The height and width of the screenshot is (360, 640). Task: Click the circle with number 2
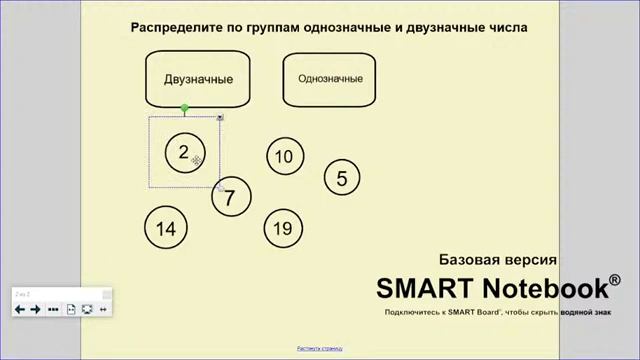coord(183,153)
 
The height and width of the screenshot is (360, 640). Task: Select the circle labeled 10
coord(284,156)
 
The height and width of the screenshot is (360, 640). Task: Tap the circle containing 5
coord(342,179)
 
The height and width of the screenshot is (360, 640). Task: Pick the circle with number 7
coord(230,197)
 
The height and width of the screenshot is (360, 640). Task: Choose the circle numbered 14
coord(165,228)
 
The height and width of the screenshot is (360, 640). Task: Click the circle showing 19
coord(282,228)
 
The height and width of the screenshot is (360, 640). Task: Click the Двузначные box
coord(198,79)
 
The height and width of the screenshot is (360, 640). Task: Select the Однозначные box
coord(330,78)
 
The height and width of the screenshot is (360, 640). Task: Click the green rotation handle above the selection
coord(185,108)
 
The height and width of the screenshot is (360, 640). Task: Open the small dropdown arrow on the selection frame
coord(220,118)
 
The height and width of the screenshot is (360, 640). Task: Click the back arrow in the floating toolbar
coord(19,310)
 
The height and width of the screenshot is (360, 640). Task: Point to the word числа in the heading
coord(504,27)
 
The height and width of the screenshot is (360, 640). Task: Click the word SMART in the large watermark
coord(426,288)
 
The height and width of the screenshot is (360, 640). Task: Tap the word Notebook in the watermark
coord(544,288)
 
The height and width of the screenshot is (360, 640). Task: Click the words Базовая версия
coord(497,259)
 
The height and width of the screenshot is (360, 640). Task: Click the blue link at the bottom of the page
coord(320,349)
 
